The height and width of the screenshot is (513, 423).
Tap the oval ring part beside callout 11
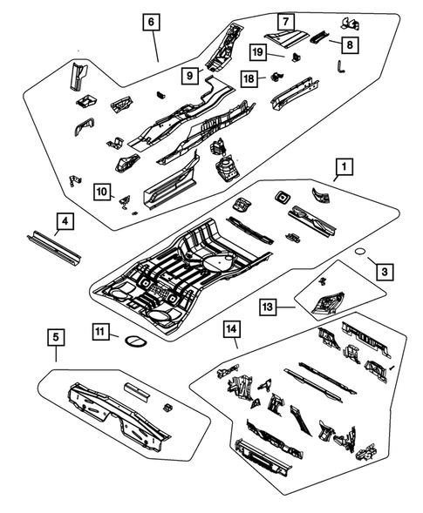133,338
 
